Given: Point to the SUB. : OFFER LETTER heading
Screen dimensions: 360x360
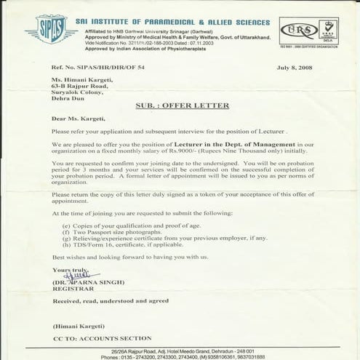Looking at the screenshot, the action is click(182, 106).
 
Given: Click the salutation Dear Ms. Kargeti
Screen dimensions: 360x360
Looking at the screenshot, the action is click(77, 118).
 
